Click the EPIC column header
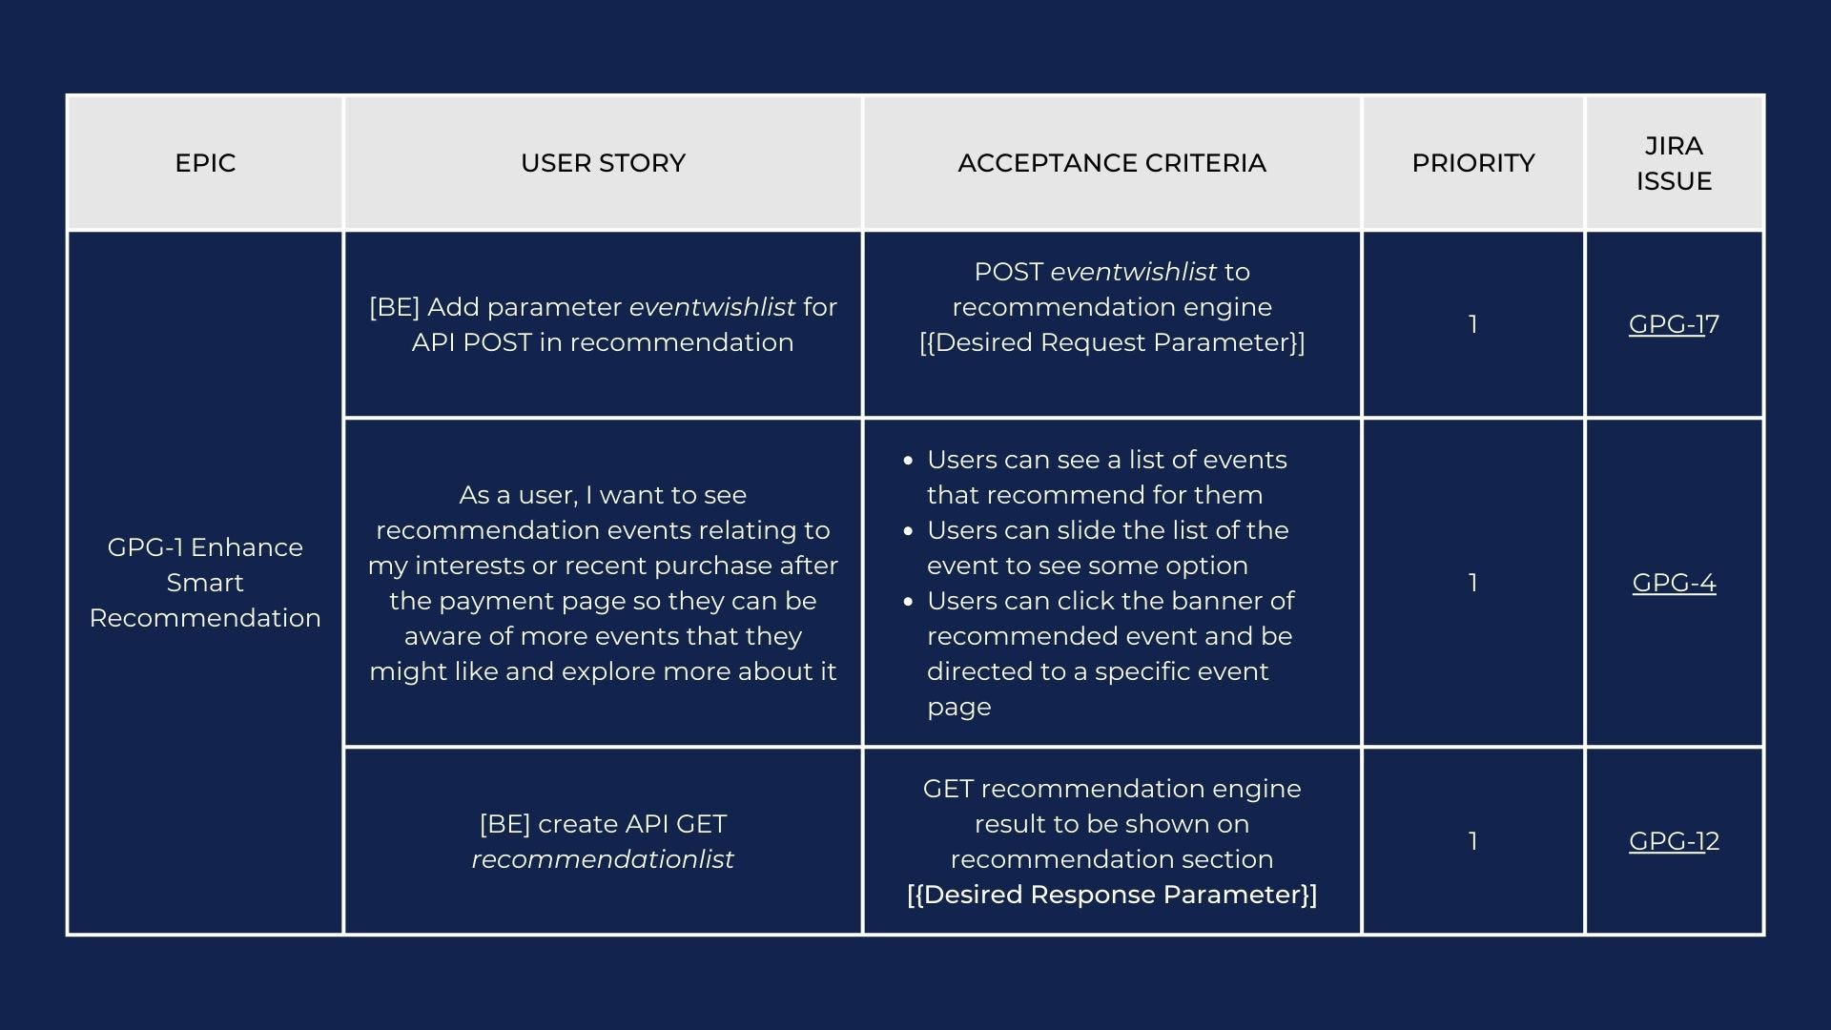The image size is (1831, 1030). click(205, 163)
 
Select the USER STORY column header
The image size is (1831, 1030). click(603, 163)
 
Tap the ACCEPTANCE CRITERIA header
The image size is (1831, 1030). click(1112, 163)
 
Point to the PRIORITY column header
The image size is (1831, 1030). click(1473, 163)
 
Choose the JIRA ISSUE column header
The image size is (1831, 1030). click(1674, 163)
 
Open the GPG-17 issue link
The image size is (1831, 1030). click(1674, 324)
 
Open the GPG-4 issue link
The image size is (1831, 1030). click(1674, 583)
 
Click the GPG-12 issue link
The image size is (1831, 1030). click(1674, 841)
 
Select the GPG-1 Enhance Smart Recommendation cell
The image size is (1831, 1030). click(205, 583)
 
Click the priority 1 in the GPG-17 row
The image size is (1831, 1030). click(1473, 324)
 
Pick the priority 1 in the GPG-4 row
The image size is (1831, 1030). click(1473, 583)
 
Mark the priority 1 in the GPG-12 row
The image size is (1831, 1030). click(1473, 841)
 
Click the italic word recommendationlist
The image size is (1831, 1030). click(603, 859)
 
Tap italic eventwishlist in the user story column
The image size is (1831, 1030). click(711, 307)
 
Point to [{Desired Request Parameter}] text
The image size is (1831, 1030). click(1112, 342)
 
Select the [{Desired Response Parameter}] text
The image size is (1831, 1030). click(1112, 895)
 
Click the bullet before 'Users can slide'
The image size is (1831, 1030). click(908, 531)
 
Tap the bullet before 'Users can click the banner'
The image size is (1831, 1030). click(908, 602)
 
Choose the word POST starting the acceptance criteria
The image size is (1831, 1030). click(1008, 272)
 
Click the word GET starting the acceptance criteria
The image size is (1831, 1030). click(948, 789)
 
